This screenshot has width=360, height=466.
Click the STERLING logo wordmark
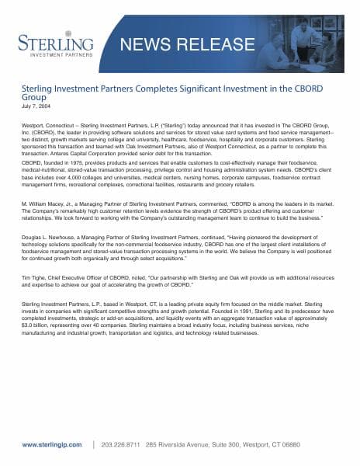pyautogui.click(x=53, y=41)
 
